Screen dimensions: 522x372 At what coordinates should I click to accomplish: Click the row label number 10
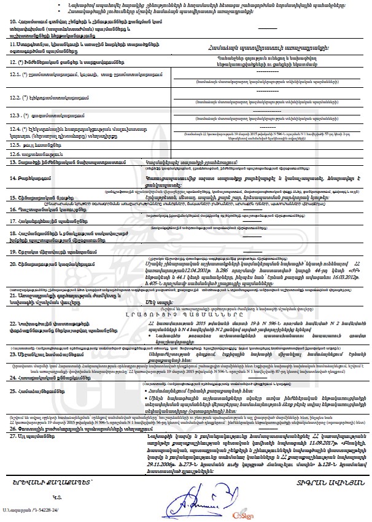click(13, 21)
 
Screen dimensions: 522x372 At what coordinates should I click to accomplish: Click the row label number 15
click(13, 197)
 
